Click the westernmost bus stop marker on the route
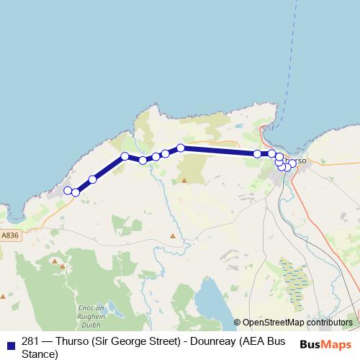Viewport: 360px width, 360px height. [x=68, y=190]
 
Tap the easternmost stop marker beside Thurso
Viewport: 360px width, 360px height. [x=292, y=163]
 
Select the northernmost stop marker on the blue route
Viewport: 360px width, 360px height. [x=181, y=148]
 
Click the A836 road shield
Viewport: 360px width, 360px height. [x=10, y=235]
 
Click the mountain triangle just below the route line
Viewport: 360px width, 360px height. [x=184, y=180]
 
